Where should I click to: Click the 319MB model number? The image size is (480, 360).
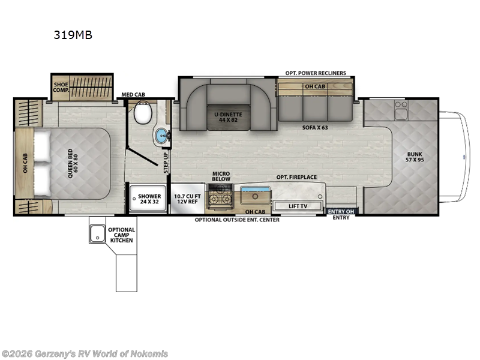(x=73, y=35)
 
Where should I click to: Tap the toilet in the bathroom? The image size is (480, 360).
(x=143, y=112)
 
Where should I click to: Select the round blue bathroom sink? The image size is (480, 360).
(x=161, y=136)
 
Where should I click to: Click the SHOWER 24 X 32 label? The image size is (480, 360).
(x=149, y=199)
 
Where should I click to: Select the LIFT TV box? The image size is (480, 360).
(x=298, y=206)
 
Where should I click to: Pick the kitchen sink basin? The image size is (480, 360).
(x=254, y=195)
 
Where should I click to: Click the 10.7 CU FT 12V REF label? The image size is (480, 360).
(x=186, y=199)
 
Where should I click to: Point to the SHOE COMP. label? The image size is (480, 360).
(x=61, y=88)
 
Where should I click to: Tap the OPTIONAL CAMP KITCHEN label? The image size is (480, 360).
(x=121, y=235)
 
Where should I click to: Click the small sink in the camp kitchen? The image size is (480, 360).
(x=97, y=235)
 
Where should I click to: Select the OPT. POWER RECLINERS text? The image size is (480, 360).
(x=316, y=73)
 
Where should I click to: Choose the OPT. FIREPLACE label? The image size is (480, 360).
(x=296, y=177)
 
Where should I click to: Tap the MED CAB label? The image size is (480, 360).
(x=133, y=94)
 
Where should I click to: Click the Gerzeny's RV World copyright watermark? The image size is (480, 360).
(x=85, y=353)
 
